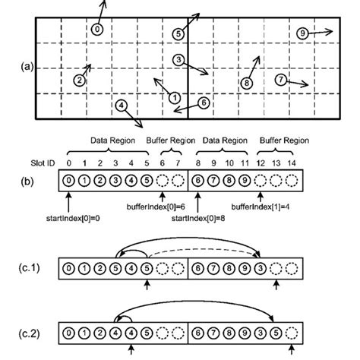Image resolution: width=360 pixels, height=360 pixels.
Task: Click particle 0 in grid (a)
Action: pyautogui.click(x=96, y=29)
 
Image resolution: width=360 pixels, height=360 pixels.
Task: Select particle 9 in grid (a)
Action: pyautogui.click(x=303, y=33)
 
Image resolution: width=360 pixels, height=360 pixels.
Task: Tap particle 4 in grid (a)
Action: pyautogui.click(x=122, y=106)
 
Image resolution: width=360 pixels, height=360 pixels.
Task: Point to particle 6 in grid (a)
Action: pyautogui.click(x=203, y=102)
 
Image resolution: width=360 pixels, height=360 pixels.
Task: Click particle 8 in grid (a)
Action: pyautogui.click(x=247, y=82)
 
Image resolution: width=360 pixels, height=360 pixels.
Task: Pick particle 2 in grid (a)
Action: pyautogui.click(x=79, y=80)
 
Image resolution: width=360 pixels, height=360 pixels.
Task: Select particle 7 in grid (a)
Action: pyautogui.click(x=280, y=79)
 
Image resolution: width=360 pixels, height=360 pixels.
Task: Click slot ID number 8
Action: pyautogui.click(x=197, y=163)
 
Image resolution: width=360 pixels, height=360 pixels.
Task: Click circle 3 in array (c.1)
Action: pyautogui.click(x=260, y=268)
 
